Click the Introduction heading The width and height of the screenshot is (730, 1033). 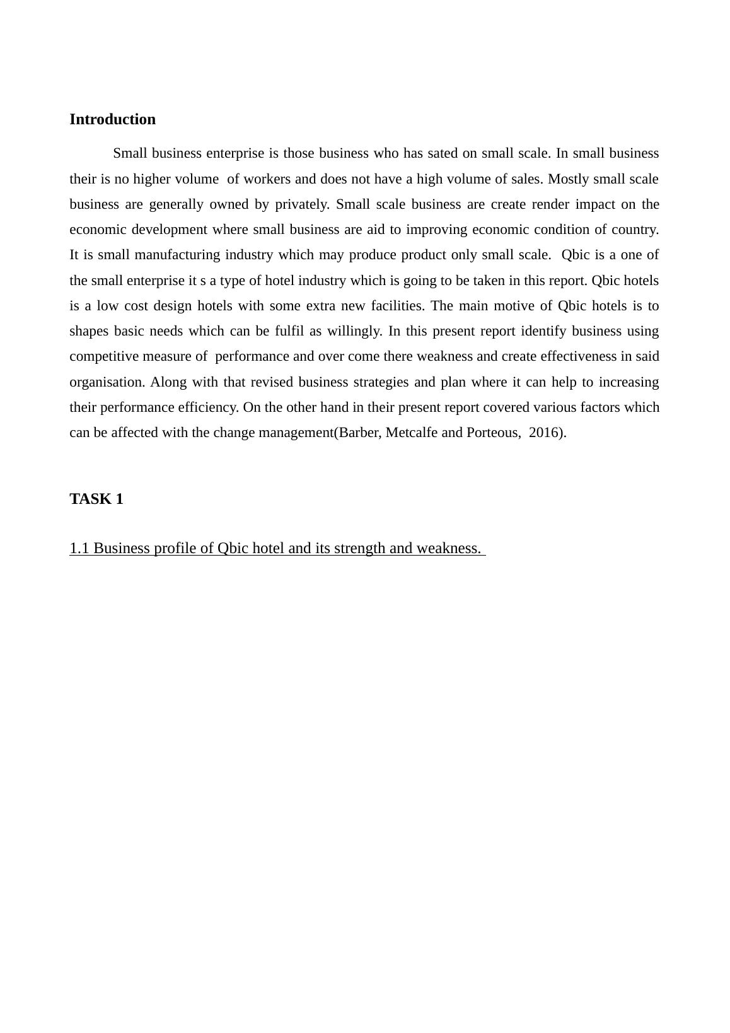pos(112,119)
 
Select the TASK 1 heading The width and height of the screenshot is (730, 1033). pos(96,499)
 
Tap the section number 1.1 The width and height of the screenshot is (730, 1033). pos(79,548)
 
